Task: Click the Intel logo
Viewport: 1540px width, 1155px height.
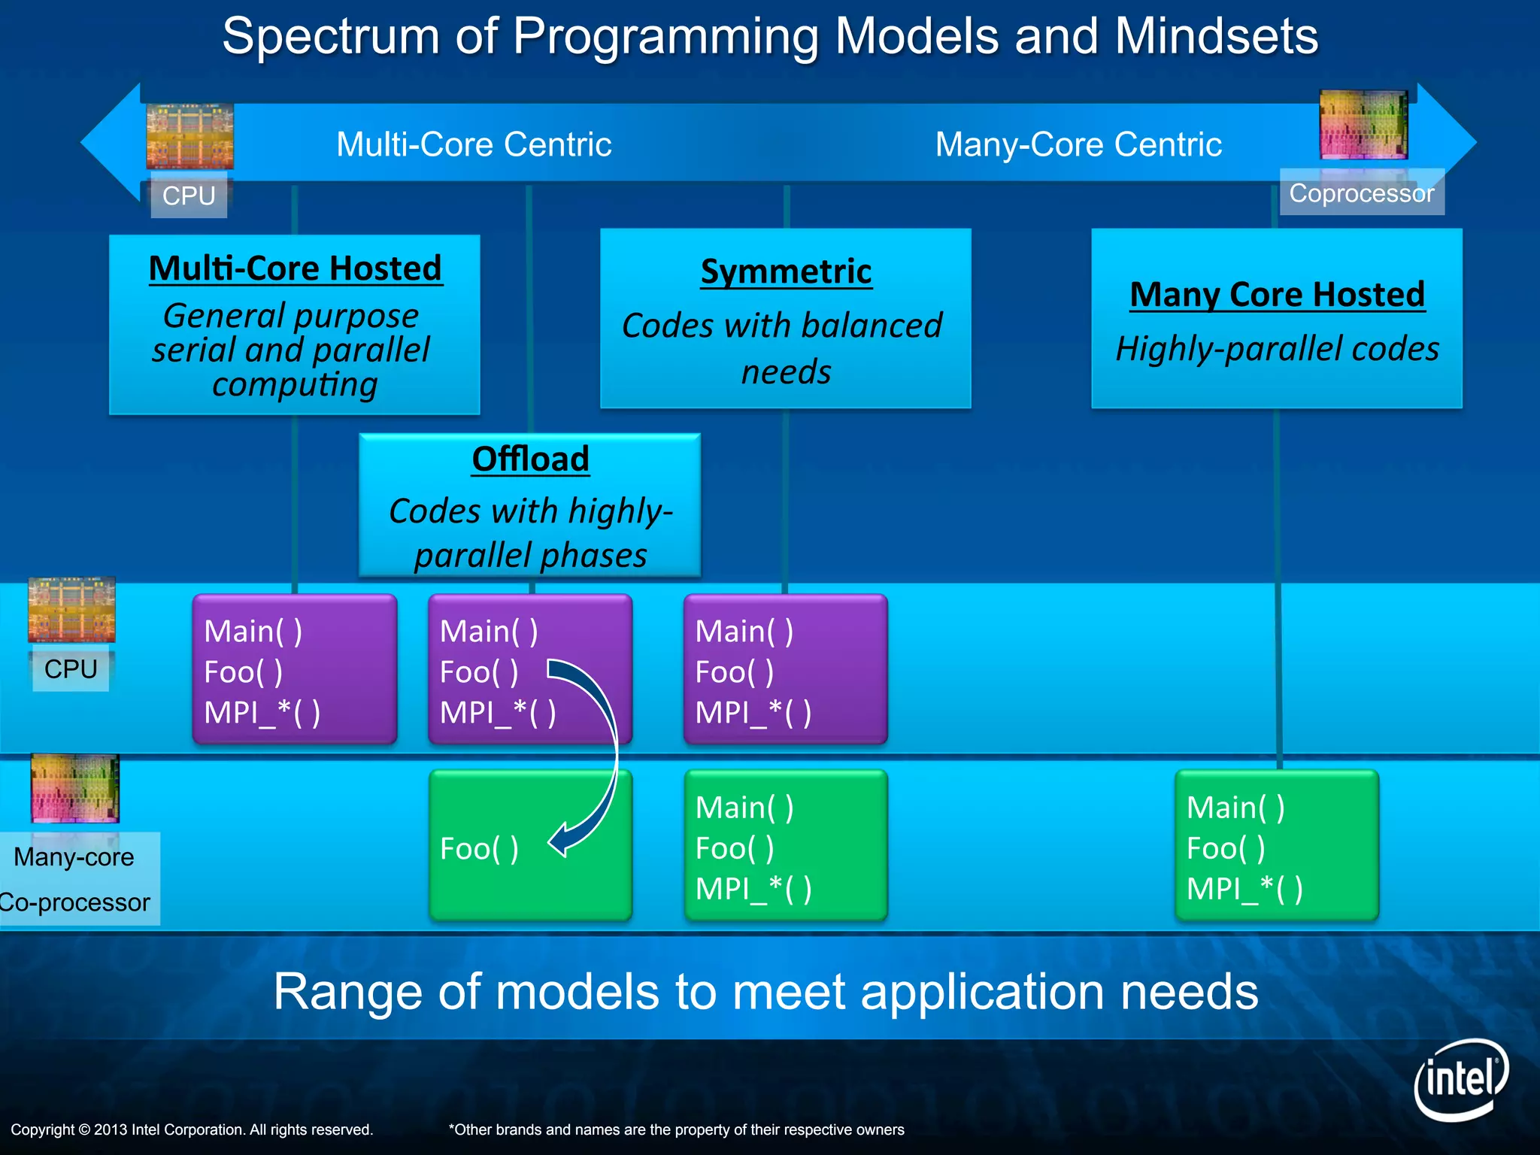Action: tap(1460, 1080)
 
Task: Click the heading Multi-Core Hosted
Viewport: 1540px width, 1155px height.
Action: tap(296, 268)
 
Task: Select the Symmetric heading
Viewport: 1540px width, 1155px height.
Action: tap(786, 271)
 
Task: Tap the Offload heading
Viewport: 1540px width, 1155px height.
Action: tap(530, 459)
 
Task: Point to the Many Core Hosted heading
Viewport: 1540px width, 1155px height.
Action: tap(1277, 294)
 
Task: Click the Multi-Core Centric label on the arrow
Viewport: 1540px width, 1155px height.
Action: tap(474, 144)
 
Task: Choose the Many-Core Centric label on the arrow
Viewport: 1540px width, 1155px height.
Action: tap(1078, 144)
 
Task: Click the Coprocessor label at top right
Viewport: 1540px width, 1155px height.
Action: tap(1361, 193)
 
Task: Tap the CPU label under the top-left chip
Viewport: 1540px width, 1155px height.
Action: tap(189, 196)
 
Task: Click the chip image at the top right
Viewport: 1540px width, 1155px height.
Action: tap(1363, 125)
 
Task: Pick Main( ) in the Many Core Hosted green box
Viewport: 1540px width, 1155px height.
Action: tap(1235, 808)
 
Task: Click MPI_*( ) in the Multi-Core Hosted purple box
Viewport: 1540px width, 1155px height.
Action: tap(262, 712)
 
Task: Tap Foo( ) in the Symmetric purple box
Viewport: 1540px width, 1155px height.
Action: tap(735, 671)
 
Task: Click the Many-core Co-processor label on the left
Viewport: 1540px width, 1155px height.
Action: tap(75, 878)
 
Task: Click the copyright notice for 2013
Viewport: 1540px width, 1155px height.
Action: tap(192, 1129)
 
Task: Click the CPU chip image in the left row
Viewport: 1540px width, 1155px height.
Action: tap(71, 610)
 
